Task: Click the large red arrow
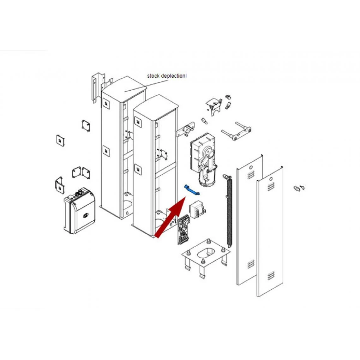pyautogui.click(x=171, y=217)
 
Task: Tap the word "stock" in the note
pyautogui.click(x=153, y=76)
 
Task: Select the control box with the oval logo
pyautogui.click(x=80, y=211)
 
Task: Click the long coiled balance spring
pyautogui.click(x=229, y=211)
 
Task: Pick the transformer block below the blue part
pyautogui.click(x=197, y=209)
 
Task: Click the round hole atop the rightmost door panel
pyautogui.click(x=271, y=179)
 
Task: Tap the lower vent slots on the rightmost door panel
pyautogui.click(x=271, y=276)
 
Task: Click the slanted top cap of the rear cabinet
pyautogui.click(x=124, y=88)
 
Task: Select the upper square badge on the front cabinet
pyautogui.click(x=138, y=122)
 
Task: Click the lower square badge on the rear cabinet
pyautogui.click(x=106, y=151)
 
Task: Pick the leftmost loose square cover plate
pyautogui.click(x=60, y=140)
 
